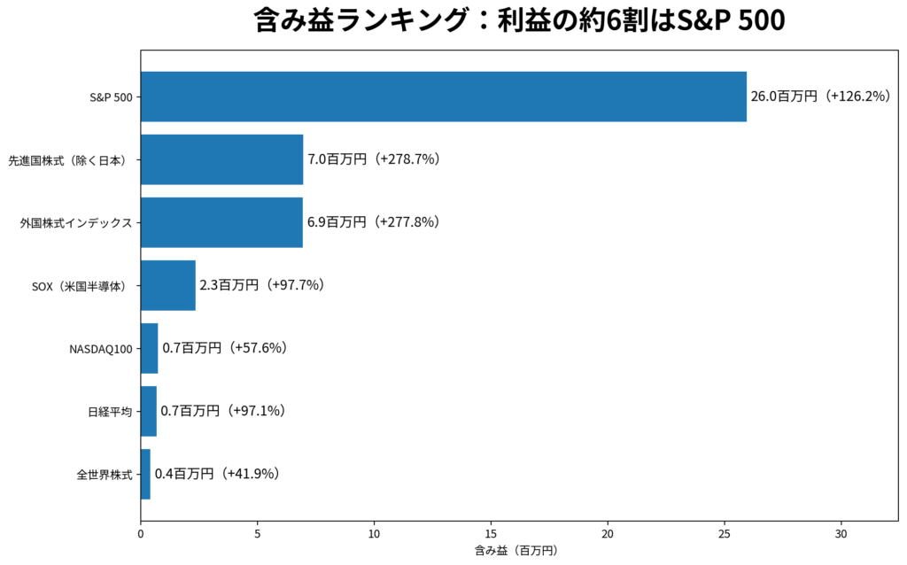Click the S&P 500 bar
click(444, 97)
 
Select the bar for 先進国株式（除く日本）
click(222, 159)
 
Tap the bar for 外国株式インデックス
click(221, 222)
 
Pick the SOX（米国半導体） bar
click(168, 285)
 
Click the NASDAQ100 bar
click(149, 348)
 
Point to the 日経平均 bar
click(149, 411)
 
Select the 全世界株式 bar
click(146, 474)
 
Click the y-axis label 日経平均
click(110, 412)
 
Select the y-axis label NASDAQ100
click(101, 349)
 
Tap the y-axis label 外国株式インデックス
click(76, 223)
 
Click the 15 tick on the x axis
click(491, 534)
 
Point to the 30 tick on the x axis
click(841, 534)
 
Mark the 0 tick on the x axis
click(141, 534)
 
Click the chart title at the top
click(519, 20)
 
